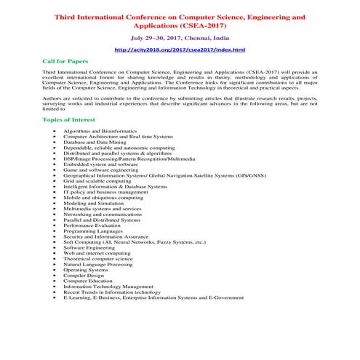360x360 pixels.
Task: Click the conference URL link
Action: click(x=180, y=49)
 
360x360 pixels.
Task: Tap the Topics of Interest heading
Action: click(x=70, y=119)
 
